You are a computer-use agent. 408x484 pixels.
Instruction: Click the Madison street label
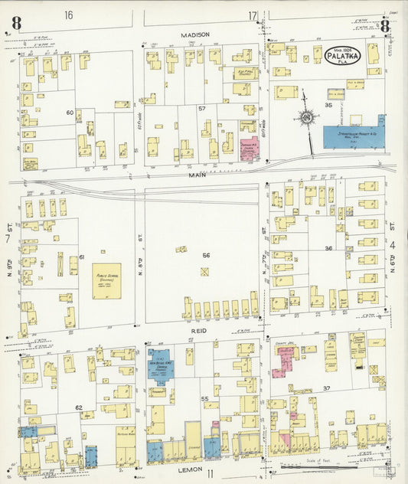pyautogui.click(x=194, y=34)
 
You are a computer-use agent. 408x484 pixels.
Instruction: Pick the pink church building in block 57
pyautogui.click(x=249, y=146)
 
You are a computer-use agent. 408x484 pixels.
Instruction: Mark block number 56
pyautogui.click(x=205, y=255)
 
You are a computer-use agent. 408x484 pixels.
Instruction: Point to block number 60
pyautogui.click(x=69, y=113)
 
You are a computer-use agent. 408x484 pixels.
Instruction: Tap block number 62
pyautogui.click(x=78, y=407)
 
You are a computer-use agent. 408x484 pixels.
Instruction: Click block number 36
pyautogui.click(x=328, y=248)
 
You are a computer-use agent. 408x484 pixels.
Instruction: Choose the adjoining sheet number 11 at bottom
pyautogui.click(x=209, y=475)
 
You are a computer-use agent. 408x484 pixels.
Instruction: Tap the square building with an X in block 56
pyautogui.click(x=204, y=271)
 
